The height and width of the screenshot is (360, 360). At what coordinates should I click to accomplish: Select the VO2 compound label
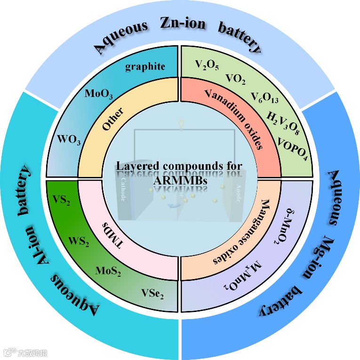tap(236, 79)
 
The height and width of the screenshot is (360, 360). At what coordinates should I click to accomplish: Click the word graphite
tap(145, 67)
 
